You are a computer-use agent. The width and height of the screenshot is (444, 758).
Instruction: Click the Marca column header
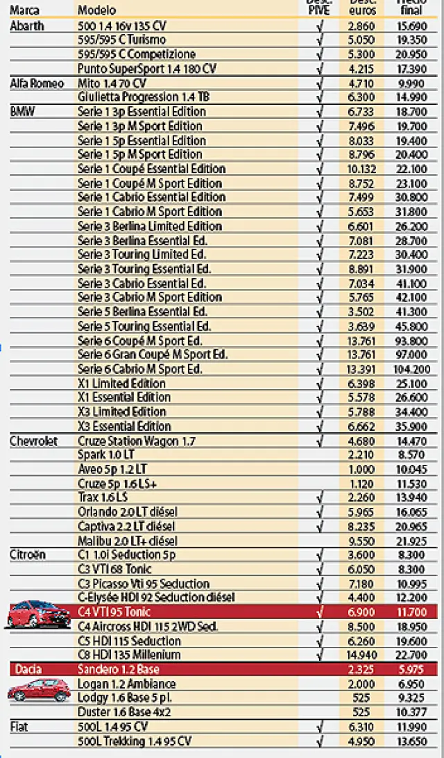(24, 10)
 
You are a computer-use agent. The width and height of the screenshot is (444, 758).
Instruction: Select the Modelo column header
(97, 10)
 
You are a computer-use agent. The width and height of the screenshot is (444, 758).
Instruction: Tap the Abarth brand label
(27, 26)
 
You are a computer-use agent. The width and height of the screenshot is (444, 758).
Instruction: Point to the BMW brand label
(22, 111)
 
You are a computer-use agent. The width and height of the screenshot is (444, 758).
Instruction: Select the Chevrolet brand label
(33, 440)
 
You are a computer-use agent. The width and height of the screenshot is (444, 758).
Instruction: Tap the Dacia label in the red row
(28, 669)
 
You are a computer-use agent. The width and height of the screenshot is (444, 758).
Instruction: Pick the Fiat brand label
(19, 727)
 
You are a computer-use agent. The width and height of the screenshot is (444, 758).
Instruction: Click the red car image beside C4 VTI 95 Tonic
(38, 614)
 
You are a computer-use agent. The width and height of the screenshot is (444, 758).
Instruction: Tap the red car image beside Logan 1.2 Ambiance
(39, 690)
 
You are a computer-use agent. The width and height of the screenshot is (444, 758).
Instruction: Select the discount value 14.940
(360, 654)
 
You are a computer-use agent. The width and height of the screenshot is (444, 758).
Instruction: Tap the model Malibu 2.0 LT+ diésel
(127, 541)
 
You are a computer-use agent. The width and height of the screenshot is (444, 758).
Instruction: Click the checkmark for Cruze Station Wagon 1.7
(320, 440)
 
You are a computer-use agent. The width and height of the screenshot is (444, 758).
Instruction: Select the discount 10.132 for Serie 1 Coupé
(360, 169)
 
